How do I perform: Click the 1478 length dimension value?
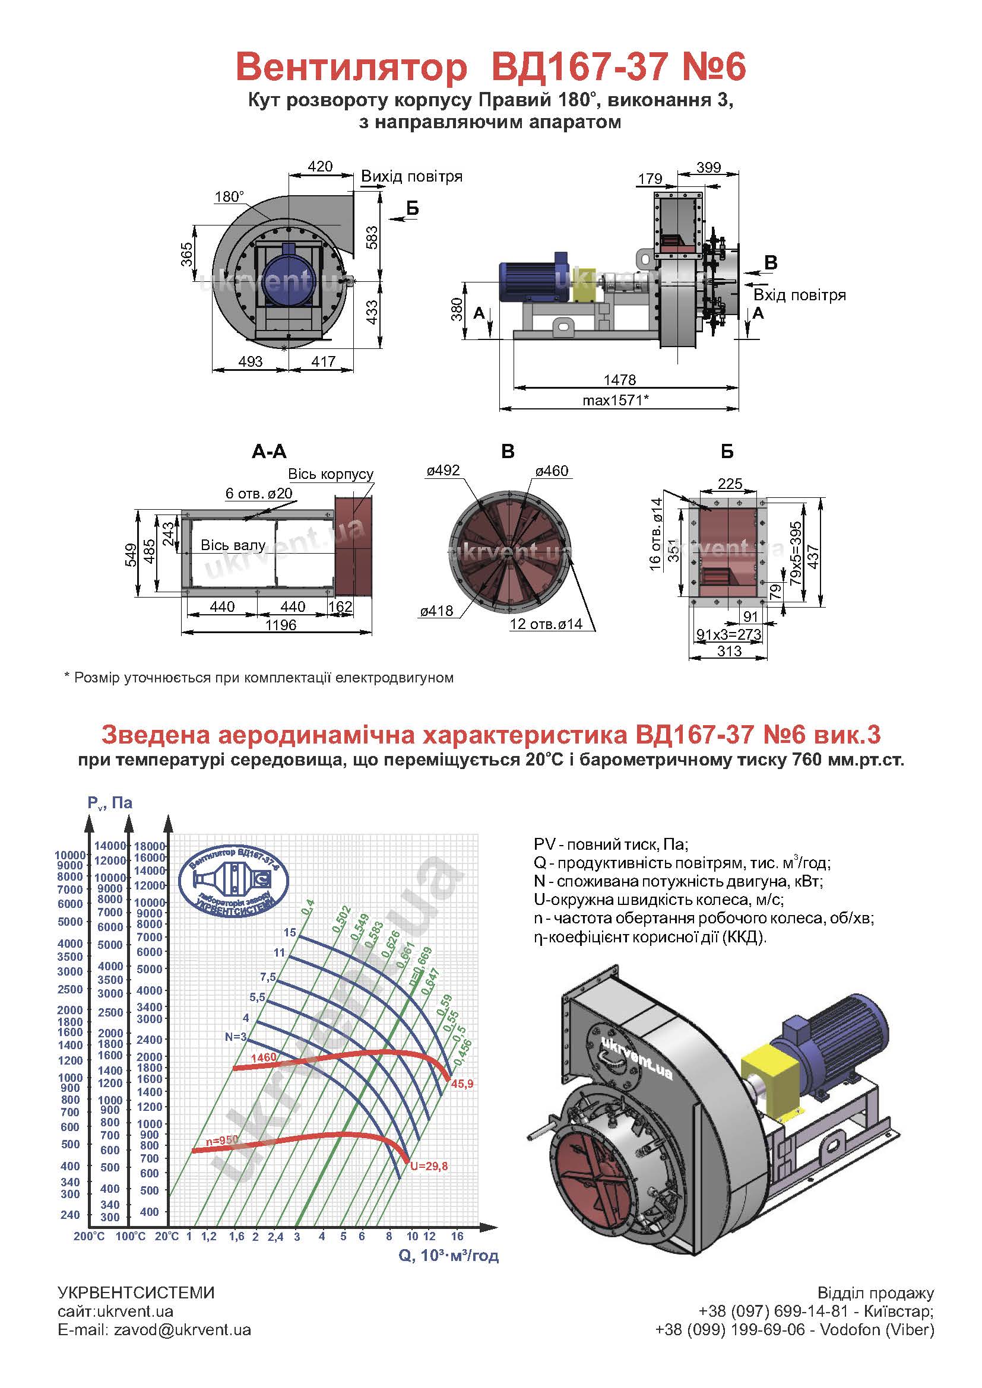click(x=620, y=380)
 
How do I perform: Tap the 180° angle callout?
click(x=229, y=196)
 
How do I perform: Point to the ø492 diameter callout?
click(x=444, y=471)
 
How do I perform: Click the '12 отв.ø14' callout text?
click(x=546, y=624)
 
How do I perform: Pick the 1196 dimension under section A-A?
click(x=281, y=624)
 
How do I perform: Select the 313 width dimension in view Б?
click(x=729, y=651)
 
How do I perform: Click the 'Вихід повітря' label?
click(x=412, y=176)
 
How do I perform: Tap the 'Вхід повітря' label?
click(x=799, y=295)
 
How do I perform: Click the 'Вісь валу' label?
click(x=233, y=545)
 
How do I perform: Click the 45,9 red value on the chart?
click(x=462, y=1084)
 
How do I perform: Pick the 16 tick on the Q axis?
click(x=457, y=1235)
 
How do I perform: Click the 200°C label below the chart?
click(x=90, y=1236)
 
